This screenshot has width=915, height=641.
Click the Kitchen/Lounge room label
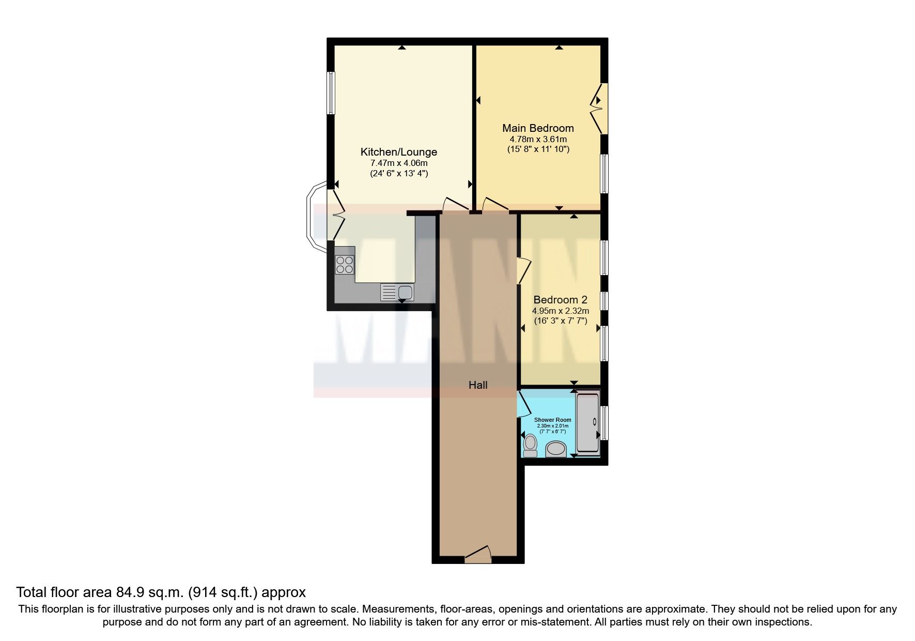398,152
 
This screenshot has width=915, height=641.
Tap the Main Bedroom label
538,128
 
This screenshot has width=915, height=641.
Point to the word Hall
477,385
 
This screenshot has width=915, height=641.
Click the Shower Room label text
552,420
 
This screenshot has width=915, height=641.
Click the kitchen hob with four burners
345,265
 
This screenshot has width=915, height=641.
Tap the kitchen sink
396,293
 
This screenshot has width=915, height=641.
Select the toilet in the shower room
530,446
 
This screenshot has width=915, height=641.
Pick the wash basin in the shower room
556,449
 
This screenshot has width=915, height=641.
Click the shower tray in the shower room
587,423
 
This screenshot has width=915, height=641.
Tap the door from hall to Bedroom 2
523,270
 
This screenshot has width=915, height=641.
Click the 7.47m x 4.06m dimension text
398,163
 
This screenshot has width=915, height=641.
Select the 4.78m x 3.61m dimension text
538,140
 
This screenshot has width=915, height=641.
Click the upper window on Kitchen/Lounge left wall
331,93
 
